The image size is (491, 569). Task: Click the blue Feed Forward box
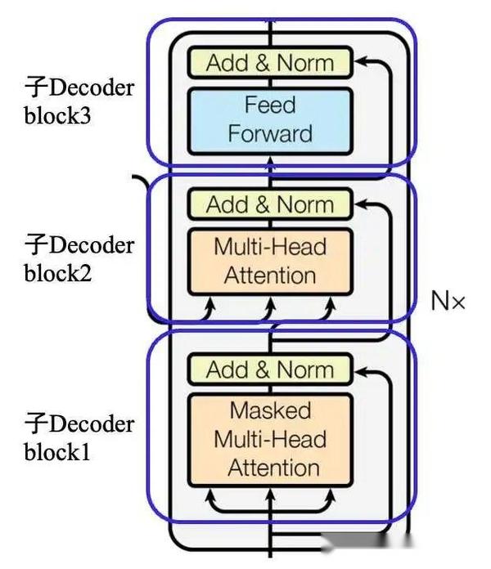(x=270, y=121)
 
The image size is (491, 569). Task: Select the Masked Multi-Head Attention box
(x=270, y=440)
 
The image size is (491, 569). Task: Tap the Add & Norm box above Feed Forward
(x=270, y=62)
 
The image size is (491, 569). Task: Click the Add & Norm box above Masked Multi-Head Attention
(x=270, y=369)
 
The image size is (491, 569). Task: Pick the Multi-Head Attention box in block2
(x=270, y=262)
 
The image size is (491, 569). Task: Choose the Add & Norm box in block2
(x=270, y=204)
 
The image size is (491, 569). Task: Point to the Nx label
(x=448, y=301)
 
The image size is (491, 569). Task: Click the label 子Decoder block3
(x=79, y=101)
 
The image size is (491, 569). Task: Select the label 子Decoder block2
(x=79, y=258)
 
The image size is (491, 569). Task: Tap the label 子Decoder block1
(x=79, y=437)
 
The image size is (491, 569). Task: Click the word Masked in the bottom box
(x=271, y=410)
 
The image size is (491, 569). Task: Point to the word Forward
(x=270, y=133)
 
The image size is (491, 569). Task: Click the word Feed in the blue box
(x=270, y=105)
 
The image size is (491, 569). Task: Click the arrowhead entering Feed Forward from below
(x=270, y=163)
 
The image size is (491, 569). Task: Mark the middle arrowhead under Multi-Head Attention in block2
(x=270, y=303)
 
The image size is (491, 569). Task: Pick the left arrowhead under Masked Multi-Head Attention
(x=209, y=495)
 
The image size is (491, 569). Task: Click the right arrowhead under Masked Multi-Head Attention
(x=331, y=495)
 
